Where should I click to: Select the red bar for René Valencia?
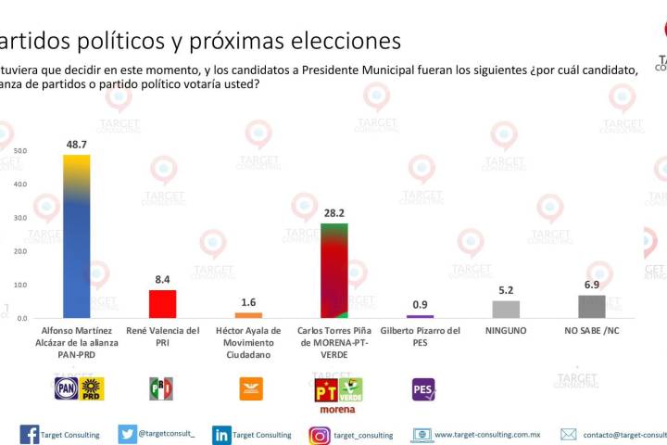coord(162,304)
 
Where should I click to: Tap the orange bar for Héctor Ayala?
coord(247,315)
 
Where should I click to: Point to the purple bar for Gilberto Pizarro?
coord(420,317)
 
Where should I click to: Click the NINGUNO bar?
coord(506,310)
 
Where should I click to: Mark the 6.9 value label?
coord(591,285)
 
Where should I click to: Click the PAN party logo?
coord(67,388)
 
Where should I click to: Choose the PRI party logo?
coord(161,388)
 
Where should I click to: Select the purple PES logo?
coord(423,388)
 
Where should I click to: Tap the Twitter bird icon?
coord(128,434)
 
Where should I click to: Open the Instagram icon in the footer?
coord(320,435)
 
